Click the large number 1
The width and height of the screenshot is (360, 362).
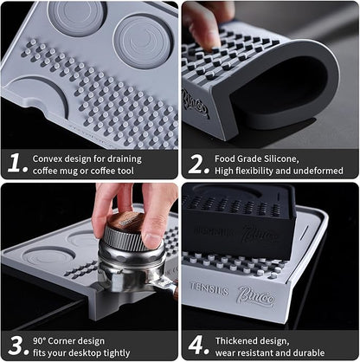click(14, 162)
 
